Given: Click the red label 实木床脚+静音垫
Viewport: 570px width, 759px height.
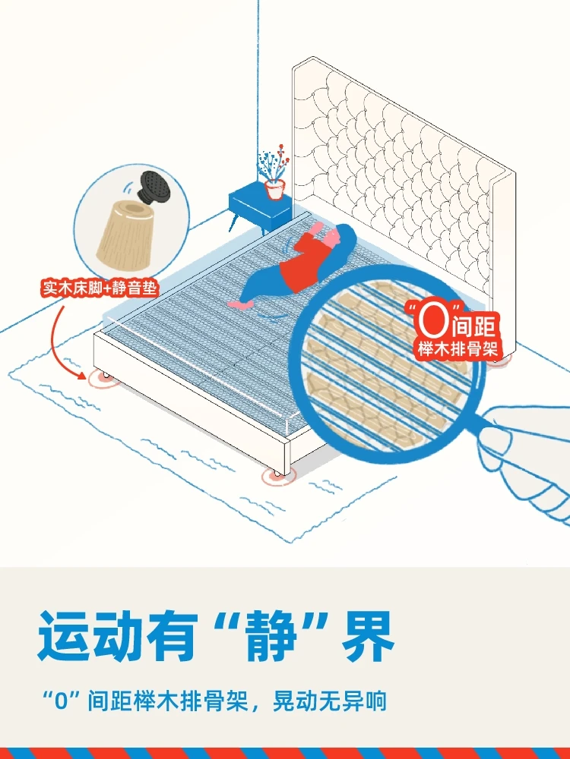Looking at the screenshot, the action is coord(101,288).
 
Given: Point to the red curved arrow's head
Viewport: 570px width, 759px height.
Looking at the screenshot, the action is coord(81,374).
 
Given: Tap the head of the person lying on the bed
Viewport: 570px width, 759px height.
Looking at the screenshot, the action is coord(341,235).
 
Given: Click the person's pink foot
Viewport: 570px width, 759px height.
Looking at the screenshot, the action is coord(239,304).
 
